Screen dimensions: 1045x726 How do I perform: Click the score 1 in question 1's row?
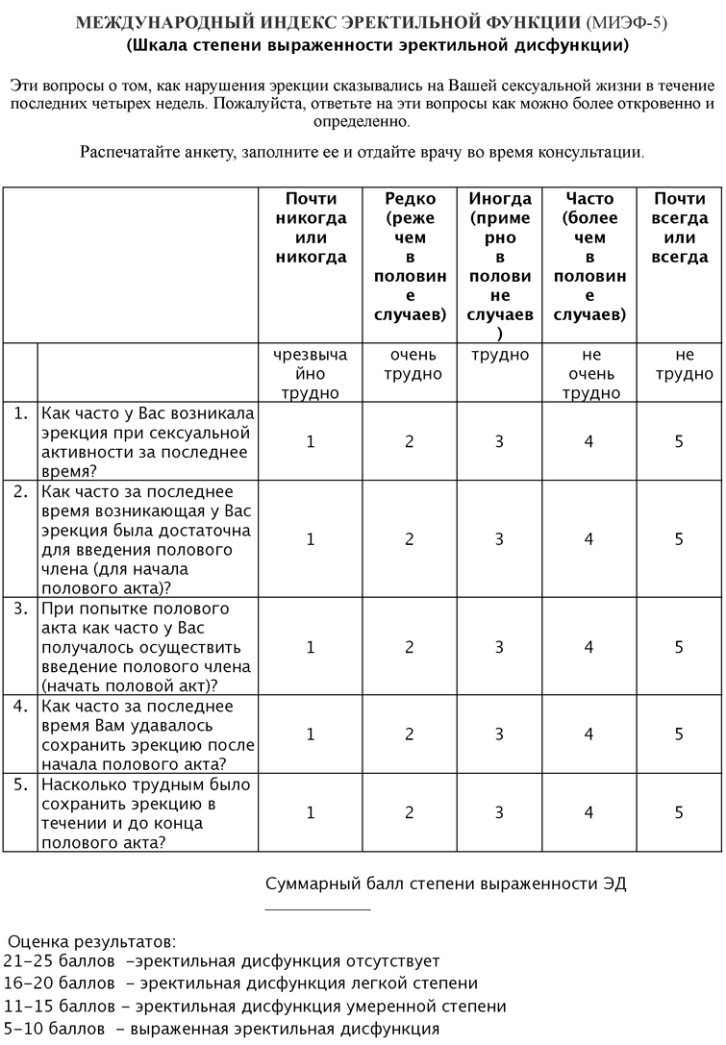(311, 441)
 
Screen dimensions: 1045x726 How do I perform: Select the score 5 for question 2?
(679, 539)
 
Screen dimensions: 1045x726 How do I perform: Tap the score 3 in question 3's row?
(499, 647)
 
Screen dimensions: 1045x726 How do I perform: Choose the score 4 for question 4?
(589, 734)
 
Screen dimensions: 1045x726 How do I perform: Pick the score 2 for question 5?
(410, 812)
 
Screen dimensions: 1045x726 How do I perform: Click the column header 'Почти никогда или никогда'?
(311, 228)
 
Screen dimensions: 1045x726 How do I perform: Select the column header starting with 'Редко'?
(410, 257)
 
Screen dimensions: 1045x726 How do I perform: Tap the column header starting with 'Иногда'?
(499, 266)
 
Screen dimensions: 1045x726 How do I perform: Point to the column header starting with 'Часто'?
(589, 257)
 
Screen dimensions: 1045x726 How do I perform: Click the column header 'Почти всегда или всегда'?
(679, 228)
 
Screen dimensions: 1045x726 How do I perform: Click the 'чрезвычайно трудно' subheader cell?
(311, 374)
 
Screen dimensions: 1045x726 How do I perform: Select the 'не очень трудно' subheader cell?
(589, 374)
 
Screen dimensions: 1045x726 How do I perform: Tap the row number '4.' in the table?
(20, 706)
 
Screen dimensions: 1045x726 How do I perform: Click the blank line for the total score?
(317, 908)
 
